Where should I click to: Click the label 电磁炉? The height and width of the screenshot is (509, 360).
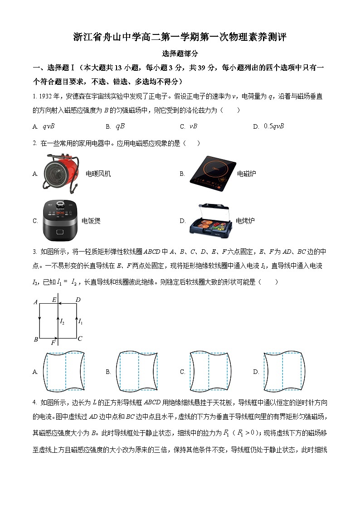[246, 174]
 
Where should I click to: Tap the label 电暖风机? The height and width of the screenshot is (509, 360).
[98, 174]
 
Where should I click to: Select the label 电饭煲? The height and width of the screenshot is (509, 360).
[91, 221]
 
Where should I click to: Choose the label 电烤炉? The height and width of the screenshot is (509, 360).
[245, 221]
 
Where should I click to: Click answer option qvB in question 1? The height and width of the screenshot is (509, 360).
[48, 126]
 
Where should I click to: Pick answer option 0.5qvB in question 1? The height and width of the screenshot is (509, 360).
[273, 126]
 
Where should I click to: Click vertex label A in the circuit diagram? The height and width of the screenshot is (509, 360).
[35, 302]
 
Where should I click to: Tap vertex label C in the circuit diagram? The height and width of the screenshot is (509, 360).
[80, 339]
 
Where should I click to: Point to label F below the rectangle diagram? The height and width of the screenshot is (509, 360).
[53, 343]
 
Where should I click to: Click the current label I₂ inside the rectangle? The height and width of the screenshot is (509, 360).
[62, 321]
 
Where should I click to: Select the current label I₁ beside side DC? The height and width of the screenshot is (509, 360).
[80, 321]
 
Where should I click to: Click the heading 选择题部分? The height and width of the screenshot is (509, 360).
[180, 53]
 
